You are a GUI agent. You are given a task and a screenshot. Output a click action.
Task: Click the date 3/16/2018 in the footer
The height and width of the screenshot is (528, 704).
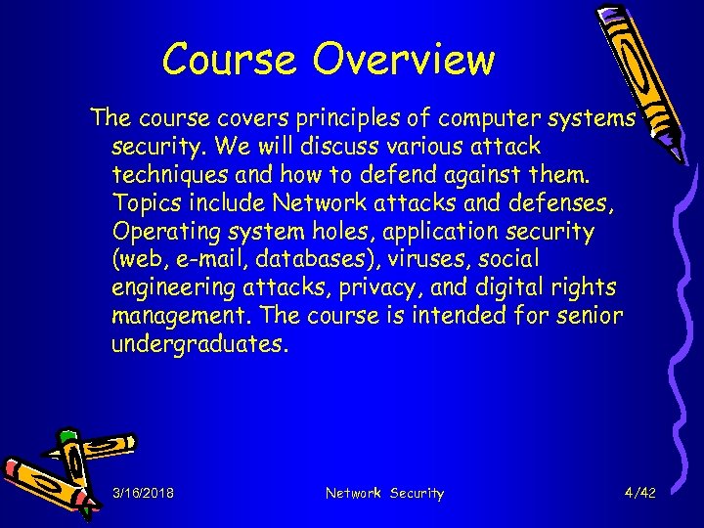144,494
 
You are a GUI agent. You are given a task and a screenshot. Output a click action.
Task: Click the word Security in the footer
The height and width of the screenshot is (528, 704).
418,494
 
